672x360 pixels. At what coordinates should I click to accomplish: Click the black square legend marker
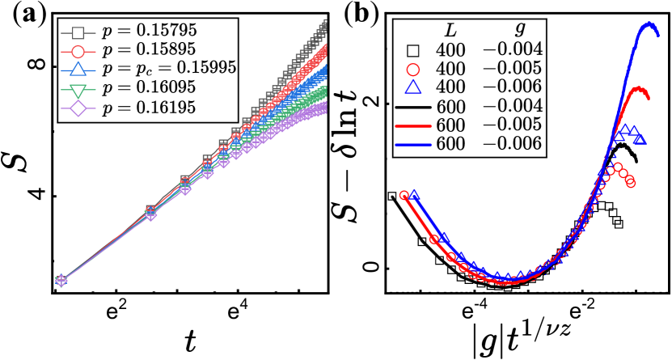[x=78, y=33]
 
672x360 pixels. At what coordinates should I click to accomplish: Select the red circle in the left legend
[x=78, y=52]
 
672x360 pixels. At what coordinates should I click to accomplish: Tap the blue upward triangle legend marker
[x=78, y=70]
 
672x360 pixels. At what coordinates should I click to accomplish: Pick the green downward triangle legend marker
[x=78, y=91]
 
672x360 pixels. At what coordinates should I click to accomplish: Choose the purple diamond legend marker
[x=78, y=108]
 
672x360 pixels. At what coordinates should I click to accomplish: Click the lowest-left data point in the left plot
[x=61, y=280]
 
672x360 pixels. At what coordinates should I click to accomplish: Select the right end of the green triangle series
[x=324, y=92]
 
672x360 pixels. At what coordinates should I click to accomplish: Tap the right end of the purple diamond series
[x=324, y=107]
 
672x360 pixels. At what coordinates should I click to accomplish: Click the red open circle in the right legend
[x=413, y=70]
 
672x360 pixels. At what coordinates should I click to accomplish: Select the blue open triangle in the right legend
[x=413, y=87]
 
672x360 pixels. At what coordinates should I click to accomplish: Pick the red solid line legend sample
[x=412, y=126]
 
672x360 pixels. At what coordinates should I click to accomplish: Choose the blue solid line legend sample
[x=412, y=145]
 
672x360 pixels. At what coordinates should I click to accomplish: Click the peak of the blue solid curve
[x=649, y=23]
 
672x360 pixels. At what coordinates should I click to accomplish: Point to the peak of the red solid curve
[x=638, y=88]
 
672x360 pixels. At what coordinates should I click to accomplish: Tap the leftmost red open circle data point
[x=404, y=195]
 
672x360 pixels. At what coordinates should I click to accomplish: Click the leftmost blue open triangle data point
[x=414, y=195]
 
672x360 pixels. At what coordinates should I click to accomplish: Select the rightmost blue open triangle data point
[x=640, y=139]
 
